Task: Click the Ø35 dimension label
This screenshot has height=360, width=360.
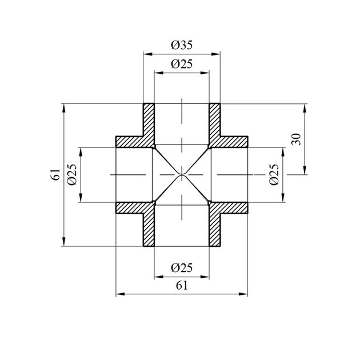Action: tap(182, 45)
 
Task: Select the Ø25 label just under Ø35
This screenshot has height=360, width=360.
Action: tap(182, 64)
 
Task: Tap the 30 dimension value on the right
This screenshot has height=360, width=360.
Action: tap(296, 139)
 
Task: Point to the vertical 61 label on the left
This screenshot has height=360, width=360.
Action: tap(55, 174)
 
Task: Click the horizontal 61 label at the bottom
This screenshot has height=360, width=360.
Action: tap(182, 286)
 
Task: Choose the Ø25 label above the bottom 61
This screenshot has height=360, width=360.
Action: tap(182, 267)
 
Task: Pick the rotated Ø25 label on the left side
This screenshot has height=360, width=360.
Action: tap(72, 174)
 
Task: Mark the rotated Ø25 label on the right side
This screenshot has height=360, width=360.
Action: tap(274, 174)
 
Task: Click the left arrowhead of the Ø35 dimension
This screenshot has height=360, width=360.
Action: tap(148, 54)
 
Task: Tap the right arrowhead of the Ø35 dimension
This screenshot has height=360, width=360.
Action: tap(216, 54)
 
